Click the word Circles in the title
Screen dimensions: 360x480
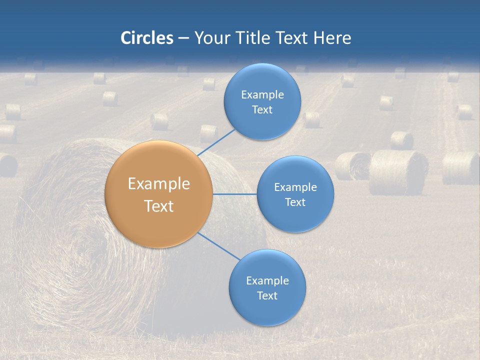click(146, 38)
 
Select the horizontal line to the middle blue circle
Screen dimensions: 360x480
click(234, 194)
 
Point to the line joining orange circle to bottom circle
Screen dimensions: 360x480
click(219, 246)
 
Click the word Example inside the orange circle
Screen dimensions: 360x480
click(159, 184)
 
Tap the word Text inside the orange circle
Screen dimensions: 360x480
click(159, 206)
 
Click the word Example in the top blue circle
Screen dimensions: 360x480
click(262, 95)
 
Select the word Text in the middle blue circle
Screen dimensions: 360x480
click(295, 202)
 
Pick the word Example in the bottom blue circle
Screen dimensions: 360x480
click(267, 281)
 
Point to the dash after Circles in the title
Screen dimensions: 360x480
click(183, 38)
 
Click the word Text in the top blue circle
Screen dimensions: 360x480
click(262, 110)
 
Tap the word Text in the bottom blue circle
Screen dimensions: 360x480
click(267, 296)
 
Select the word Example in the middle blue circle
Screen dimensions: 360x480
click(295, 187)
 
